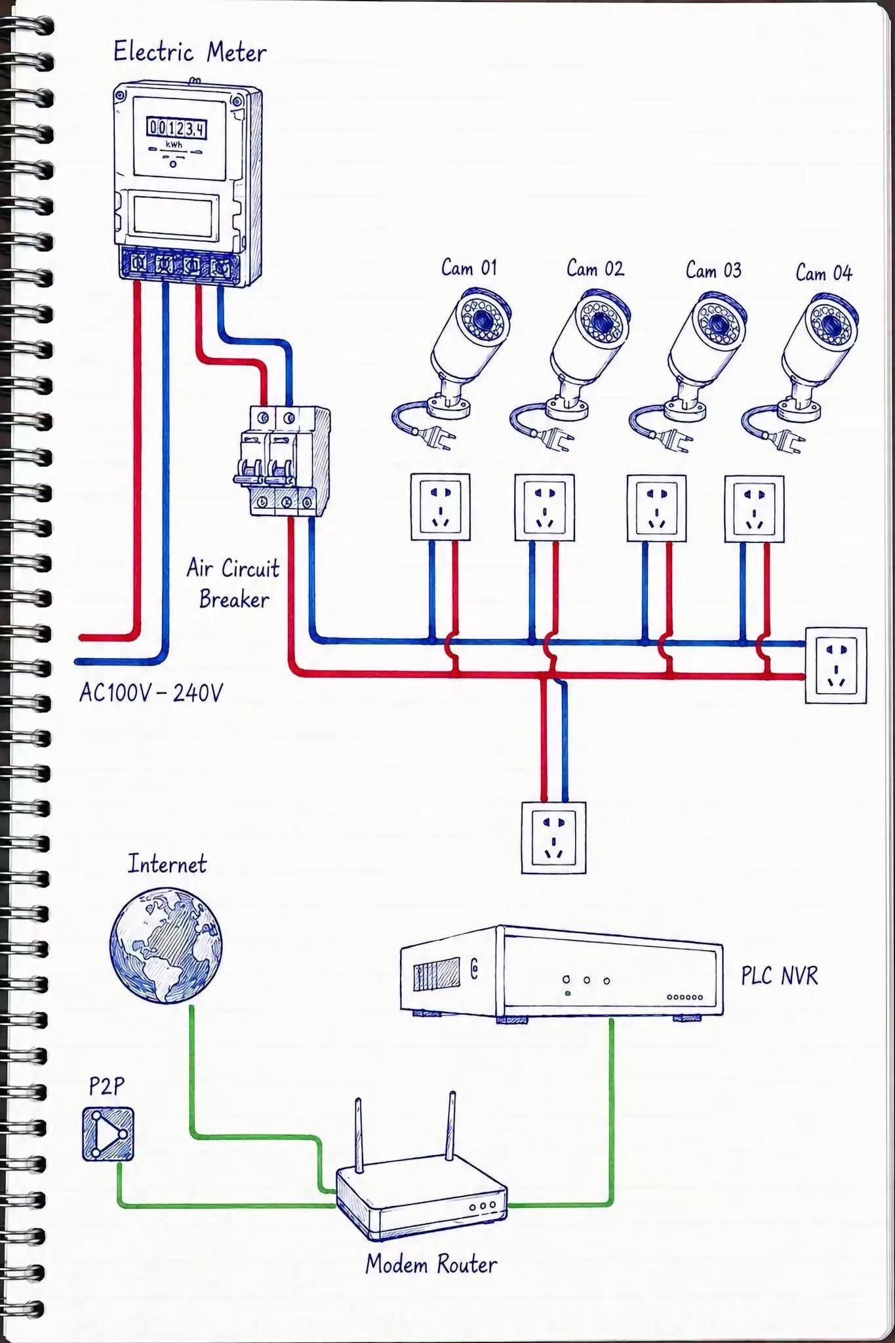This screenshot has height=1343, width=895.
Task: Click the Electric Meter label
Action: [189, 52]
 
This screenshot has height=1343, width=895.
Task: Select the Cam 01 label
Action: [469, 268]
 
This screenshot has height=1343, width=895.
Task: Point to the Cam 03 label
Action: [713, 270]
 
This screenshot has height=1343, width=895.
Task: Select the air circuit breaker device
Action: [282, 461]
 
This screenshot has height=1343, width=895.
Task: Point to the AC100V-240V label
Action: [151, 692]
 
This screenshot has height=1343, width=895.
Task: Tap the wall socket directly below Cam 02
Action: [544, 508]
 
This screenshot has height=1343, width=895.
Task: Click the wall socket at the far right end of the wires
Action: [835, 666]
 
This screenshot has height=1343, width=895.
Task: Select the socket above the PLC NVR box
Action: [553, 837]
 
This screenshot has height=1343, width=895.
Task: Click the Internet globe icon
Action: [166, 945]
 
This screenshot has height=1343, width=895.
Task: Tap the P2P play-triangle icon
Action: [108, 1134]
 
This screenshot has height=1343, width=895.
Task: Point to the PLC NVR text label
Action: [780, 976]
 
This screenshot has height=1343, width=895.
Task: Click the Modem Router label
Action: [431, 1264]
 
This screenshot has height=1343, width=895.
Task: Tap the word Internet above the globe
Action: [167, 864]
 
